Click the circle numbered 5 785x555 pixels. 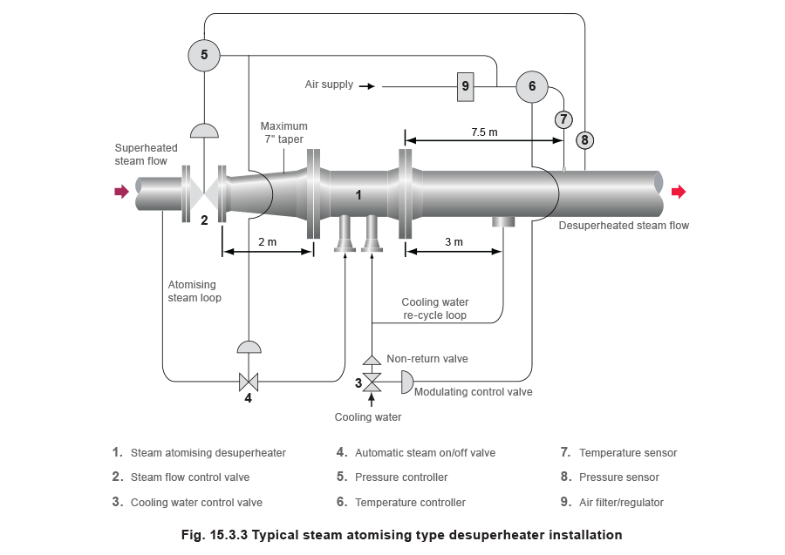pyautogui.click(x=204, y=55)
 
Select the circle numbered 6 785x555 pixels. pyautogui.click(x=531, y=86)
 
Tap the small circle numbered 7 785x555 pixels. pyautogui.click(x=563, y=119)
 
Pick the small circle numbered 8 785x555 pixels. pyautogui.click(x=584, y=139)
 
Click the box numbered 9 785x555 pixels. pyautogui.click(x=465, y=85)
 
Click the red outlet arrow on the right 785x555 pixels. pyautogui.click(x=679, y=192)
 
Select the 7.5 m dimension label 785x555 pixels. pyautogui.click(x=483, y=132)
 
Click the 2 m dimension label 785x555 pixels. pyautogui.click(x=268, y=241)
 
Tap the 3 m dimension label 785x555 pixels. pyautogui.click(x=454, y=241)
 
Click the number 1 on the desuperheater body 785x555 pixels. pyautogui.click(x=358, y=195)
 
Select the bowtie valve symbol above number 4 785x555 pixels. pyautogui.click(x=249, y=381)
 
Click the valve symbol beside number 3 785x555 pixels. pyautogui.click(x=372, y=381)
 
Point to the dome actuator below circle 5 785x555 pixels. pyautogui.click(x=204, y=130)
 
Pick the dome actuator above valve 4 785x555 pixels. pyautogui.click(x=249, y=347)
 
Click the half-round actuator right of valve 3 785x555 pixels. pyautogui.click(x=406, y=381)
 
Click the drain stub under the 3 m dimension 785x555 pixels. pyautogui.click(x=503, y=223)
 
